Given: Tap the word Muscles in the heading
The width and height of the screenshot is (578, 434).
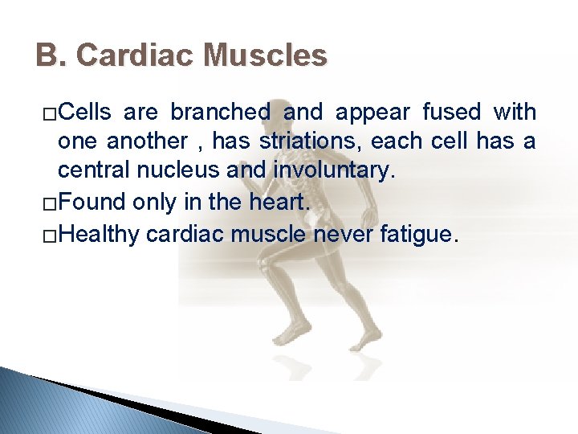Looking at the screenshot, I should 266,55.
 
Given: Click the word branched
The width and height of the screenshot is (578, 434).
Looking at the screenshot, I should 220,112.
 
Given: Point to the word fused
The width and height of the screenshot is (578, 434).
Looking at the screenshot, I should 457,112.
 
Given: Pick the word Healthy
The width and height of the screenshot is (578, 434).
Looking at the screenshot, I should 100,233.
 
